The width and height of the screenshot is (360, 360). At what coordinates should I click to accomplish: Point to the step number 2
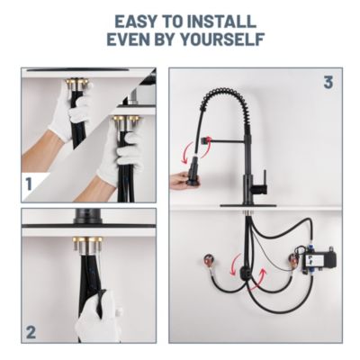tap(30, 331)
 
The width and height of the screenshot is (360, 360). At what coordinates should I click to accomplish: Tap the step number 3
tap(328, 83)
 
